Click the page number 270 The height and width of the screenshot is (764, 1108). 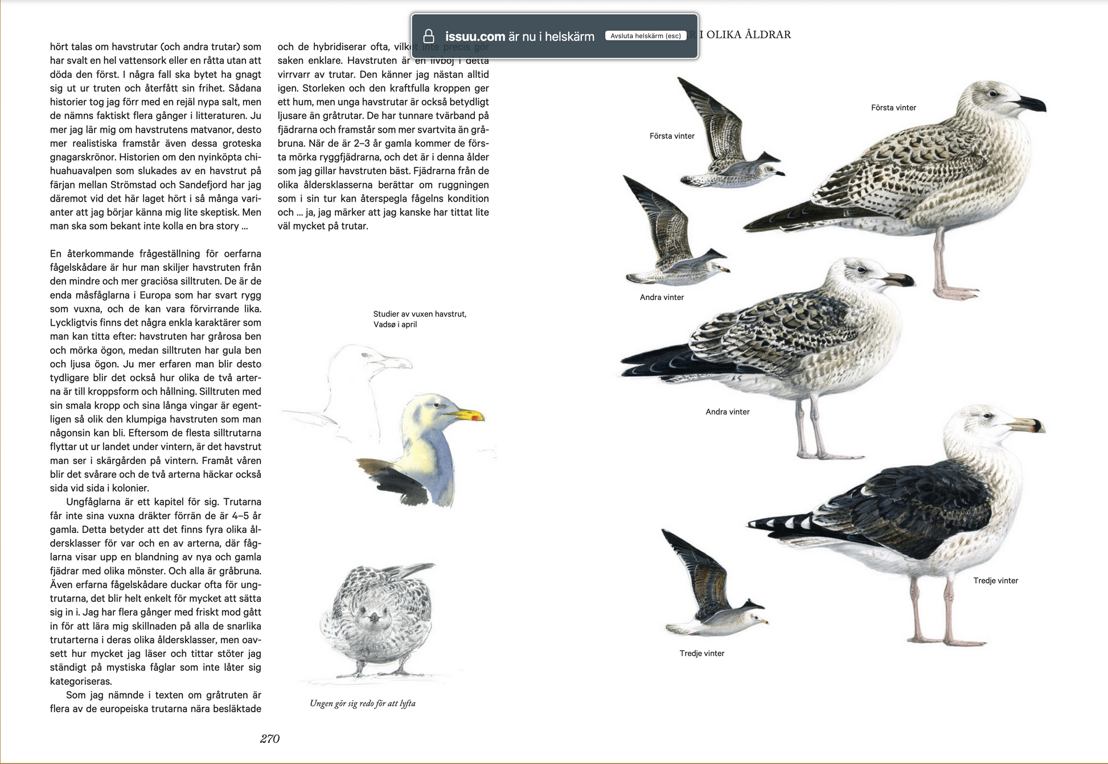[x=270, y=739]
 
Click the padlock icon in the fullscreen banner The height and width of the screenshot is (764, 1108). [x=429, y=36]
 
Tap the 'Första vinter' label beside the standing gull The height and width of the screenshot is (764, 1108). [x=893, y=108]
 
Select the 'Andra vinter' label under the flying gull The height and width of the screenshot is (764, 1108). [x=662, y=297]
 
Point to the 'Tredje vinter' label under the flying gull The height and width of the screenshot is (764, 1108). [x=701, y=654]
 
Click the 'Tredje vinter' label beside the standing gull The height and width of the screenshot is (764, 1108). [x=995, y=581]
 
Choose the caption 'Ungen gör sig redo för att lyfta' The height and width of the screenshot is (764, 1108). [x=363, y=704]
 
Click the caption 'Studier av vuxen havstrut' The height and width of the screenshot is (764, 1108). [x=420, y=314]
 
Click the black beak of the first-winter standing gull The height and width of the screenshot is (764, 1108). [x=1031, y=104]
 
